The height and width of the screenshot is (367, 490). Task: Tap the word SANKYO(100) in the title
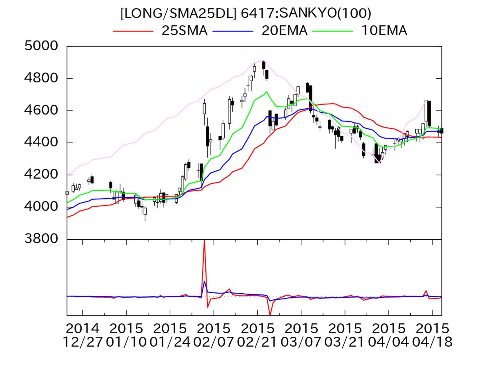325,13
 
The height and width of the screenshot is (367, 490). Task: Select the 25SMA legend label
184,31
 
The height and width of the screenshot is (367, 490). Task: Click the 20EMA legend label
284,31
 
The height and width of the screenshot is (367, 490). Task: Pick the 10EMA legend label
384,31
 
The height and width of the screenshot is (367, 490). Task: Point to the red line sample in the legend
133,31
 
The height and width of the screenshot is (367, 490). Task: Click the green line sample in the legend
333,31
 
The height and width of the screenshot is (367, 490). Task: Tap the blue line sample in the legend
233,31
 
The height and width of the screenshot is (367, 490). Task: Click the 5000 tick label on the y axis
41,46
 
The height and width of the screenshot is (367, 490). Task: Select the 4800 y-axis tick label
41,78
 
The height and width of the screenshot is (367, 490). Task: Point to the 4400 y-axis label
41,142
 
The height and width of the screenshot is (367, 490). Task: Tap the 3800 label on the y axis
41,239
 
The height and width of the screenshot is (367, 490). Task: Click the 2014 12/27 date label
82,335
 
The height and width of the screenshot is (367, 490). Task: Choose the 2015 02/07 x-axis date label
214,335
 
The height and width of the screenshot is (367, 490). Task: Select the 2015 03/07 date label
301,335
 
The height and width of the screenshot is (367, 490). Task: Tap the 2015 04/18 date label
432,335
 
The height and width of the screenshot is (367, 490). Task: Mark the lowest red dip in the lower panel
270,315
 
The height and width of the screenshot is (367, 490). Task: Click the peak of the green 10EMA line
267,92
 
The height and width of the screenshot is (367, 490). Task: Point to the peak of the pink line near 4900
264,60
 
